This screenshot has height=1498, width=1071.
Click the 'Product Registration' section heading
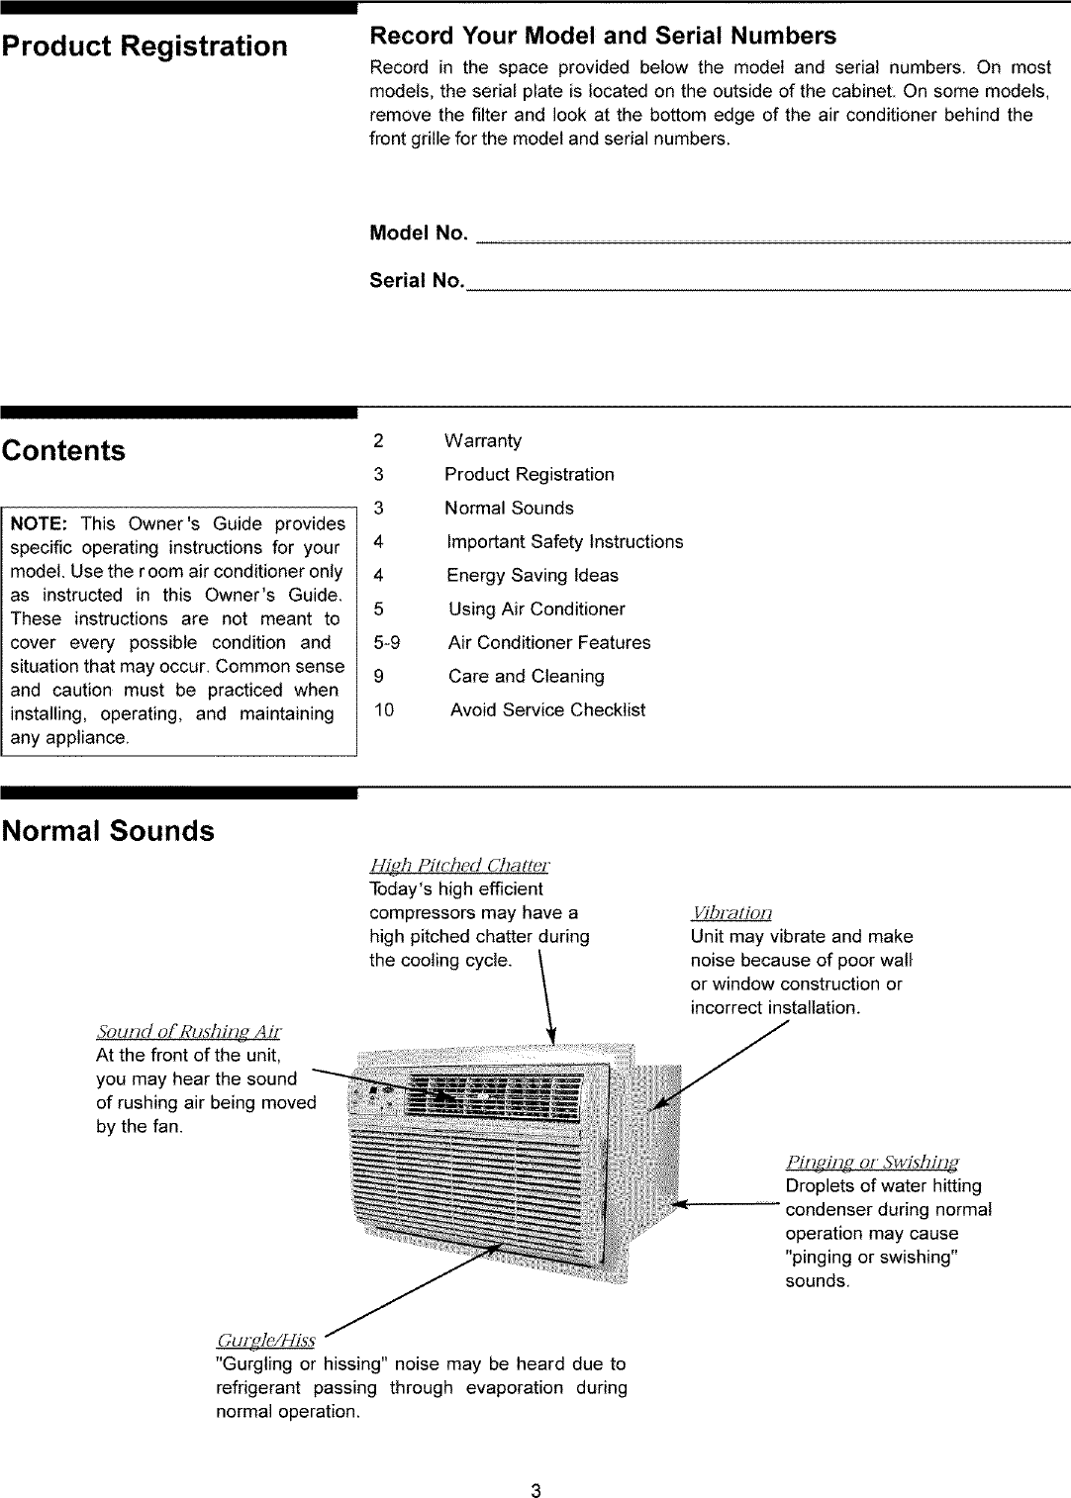[x=145, y=47]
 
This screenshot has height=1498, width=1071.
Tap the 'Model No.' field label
[x=418, y=234]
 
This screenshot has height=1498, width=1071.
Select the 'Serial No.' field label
[x=417, y=281]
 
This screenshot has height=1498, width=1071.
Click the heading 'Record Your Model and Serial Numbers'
[x=602, y=37]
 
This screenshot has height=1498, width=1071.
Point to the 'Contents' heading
[x=63, y=451]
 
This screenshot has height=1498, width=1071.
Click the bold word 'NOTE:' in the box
[x=38, y=523]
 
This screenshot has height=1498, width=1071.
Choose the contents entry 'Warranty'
[x=482, y=441]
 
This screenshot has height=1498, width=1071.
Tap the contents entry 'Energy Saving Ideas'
[x=532, y=576]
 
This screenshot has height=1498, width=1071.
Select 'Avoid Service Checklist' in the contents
[x=547, y=710]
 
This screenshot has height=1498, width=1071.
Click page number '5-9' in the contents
[x=386, y=643]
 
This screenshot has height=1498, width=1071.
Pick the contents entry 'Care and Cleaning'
[x=526, y=677]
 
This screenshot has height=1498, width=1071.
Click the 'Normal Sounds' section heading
[x=108, y=831]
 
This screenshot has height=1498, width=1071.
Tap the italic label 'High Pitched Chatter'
[x=459, y=866]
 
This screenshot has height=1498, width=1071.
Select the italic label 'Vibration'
[x=730, y=913]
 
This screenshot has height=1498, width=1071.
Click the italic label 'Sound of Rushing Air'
[x=188, y=1032]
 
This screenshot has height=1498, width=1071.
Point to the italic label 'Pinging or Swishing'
[x=871, y=1163]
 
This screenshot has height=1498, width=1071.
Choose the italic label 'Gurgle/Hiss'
[x=265, y=1341]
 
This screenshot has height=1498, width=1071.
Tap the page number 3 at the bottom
[x=535, y=1491]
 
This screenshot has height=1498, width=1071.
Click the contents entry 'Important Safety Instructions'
[x=564, y=542]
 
